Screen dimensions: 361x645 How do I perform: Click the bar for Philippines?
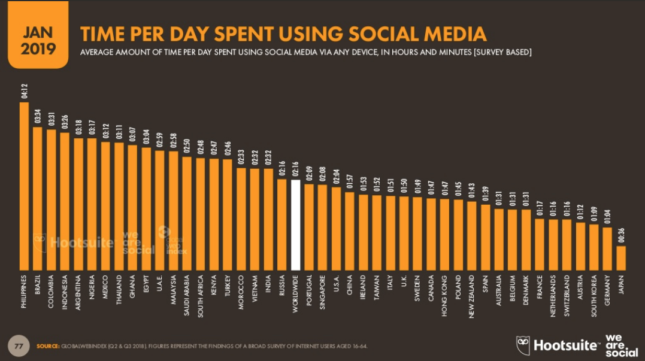click(24, 186)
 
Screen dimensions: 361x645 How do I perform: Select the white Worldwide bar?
click(295, 225)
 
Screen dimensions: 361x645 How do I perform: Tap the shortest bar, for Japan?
click(621, 258)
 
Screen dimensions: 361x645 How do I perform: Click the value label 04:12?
click(24, 93)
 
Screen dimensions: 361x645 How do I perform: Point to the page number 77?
click(19, 345)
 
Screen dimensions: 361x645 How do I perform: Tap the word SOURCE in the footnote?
click(47, 346)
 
